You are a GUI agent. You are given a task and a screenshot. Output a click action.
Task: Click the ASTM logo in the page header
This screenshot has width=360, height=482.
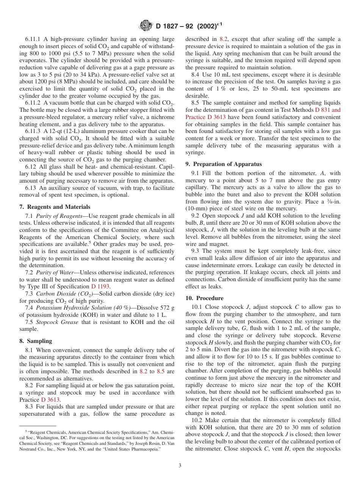click(146, 26)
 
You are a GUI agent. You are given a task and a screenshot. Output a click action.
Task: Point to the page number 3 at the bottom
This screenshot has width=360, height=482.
click(180, 466)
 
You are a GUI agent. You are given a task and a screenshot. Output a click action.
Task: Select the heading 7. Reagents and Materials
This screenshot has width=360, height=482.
click(55, 207)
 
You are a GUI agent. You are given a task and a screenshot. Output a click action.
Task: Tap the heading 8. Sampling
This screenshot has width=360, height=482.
click(36, 341)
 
